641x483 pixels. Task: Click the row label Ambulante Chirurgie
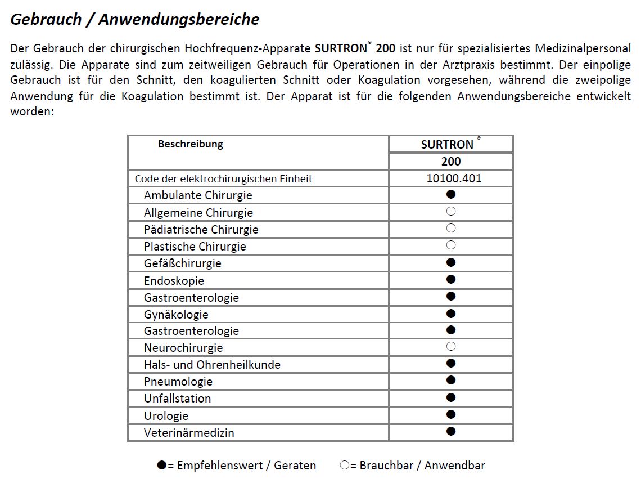point(198,195)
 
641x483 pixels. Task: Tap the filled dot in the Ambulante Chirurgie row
point(450,194)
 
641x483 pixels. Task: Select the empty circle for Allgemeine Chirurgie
point(450,212)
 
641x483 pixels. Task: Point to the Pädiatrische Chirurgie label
point(201,230)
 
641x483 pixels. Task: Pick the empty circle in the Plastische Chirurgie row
point(450,245)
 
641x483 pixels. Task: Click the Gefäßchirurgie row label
point(182,263)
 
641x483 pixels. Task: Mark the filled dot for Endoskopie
point(450,279)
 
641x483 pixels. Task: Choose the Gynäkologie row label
point(176,314)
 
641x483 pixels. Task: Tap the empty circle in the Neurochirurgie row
point(450,346)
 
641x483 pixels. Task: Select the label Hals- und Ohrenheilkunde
point(212,365)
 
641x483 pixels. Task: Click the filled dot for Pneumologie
point(450,380)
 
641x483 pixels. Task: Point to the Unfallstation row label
point(177,399)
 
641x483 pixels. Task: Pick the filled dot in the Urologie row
point(450,414)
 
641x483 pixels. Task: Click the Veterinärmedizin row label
point(189,433)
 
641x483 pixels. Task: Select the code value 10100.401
point(454,178)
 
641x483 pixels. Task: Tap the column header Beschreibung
point(190,144)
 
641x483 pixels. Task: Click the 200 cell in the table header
point(451,162)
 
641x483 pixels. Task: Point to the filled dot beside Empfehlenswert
point(162,465)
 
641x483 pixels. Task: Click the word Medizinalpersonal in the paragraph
point(583,48)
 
